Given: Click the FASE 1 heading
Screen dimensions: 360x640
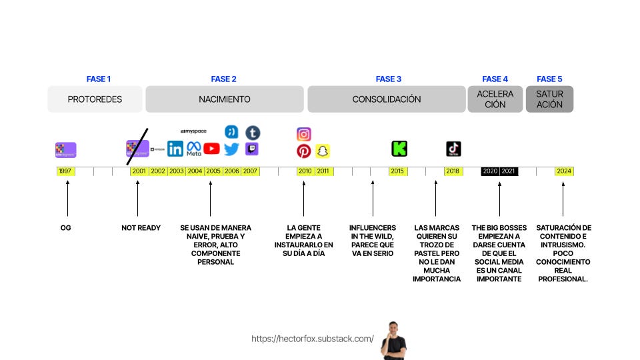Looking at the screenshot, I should pos(99,79).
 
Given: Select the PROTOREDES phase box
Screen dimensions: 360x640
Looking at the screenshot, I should pos(95,99).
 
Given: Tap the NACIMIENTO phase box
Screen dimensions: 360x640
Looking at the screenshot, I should pos(225,99).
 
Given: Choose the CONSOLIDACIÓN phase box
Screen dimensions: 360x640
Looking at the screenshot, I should pos(387,99).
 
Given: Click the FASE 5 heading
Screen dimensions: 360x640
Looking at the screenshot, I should pos(549,79).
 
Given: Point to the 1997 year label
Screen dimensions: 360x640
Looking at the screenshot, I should pos(65,171).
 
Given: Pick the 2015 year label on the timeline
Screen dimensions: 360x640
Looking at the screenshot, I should pos(397,171).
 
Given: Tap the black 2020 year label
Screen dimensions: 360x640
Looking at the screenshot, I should pos(490,171).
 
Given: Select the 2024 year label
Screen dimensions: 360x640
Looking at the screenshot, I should pos(564,171).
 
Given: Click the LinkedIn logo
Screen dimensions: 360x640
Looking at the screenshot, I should pos(175,149).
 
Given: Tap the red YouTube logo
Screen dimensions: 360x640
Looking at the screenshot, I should pos(212,149).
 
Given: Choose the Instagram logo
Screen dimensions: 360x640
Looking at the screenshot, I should pos(304,134).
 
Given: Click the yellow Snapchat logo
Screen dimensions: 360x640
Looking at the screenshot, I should pos(323,151).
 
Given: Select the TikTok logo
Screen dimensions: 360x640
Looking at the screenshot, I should pos(453,149).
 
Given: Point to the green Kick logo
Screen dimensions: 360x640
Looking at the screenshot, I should pos(399,149).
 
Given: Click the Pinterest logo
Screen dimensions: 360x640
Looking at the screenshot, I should pos(304,151).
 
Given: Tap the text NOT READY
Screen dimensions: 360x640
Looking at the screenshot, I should pos(141,228).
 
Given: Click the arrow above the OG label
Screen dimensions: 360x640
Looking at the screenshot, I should pos(67,200).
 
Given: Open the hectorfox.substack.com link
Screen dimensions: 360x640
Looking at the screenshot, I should pos(313,339).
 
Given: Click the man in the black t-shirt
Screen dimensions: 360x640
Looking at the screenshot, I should pos(393,341).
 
